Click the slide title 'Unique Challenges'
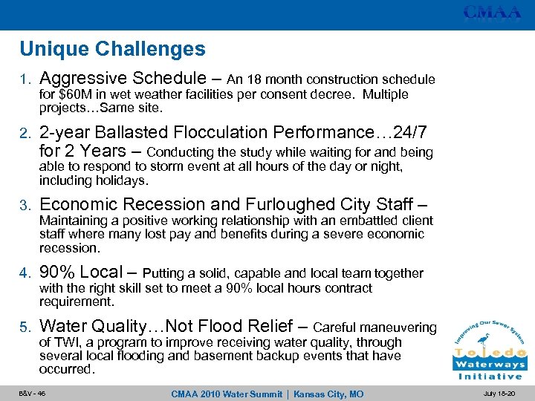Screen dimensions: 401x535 pos(112,50)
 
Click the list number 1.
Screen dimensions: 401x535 pos(25,79)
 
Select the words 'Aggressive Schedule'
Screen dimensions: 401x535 pos(122,78)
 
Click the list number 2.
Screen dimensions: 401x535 pos(25,134)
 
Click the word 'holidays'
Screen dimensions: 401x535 pos(122,180)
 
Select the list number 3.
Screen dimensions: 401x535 pos(25,205)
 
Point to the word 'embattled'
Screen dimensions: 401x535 pos(359,221)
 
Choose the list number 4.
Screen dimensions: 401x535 pos(25,273)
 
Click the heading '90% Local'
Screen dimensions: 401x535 pos(81,273)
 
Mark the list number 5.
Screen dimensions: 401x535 pos(25,327)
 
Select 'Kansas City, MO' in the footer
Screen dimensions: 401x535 pos(328,394)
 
